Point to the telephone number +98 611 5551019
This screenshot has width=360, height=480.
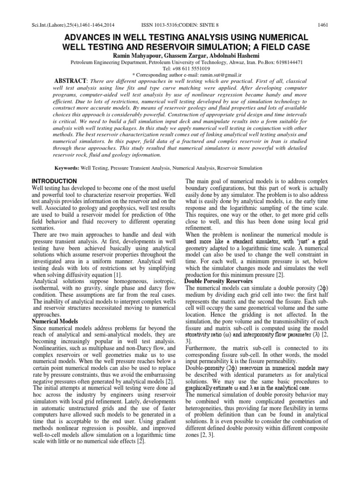pyautogui.click(x=186, y=67)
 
